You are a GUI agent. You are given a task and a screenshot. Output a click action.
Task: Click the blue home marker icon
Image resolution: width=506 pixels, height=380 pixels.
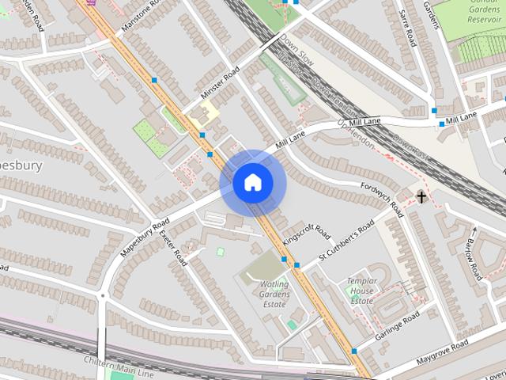tap(252, 183)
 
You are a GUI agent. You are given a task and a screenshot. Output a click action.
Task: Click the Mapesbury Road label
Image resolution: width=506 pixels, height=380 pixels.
tap(145, 237)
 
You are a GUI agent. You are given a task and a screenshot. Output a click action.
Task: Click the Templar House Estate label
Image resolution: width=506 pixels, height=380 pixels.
tap(361, 291)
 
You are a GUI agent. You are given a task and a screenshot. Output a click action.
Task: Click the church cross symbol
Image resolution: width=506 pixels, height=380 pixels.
tap(421, 196)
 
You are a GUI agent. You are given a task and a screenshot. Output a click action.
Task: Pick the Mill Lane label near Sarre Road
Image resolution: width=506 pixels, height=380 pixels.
tap(461, 118)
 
